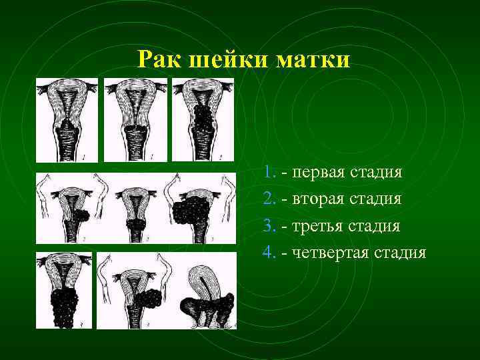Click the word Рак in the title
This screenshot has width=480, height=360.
pos(160,60)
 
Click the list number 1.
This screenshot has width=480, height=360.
pos(269,173)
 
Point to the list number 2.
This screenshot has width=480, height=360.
pos(269,199)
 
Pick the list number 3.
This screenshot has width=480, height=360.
pos(269,226)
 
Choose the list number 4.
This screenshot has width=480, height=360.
pos(269,253)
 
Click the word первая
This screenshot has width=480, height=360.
pos(315,173)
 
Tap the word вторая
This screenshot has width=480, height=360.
pos(315,199)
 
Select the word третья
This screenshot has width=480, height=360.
pos(314,226)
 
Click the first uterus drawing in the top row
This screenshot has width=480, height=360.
pos(67,120)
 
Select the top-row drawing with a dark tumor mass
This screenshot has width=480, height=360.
pos(203,120)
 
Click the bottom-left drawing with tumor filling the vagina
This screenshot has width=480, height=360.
pos(64,290)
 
